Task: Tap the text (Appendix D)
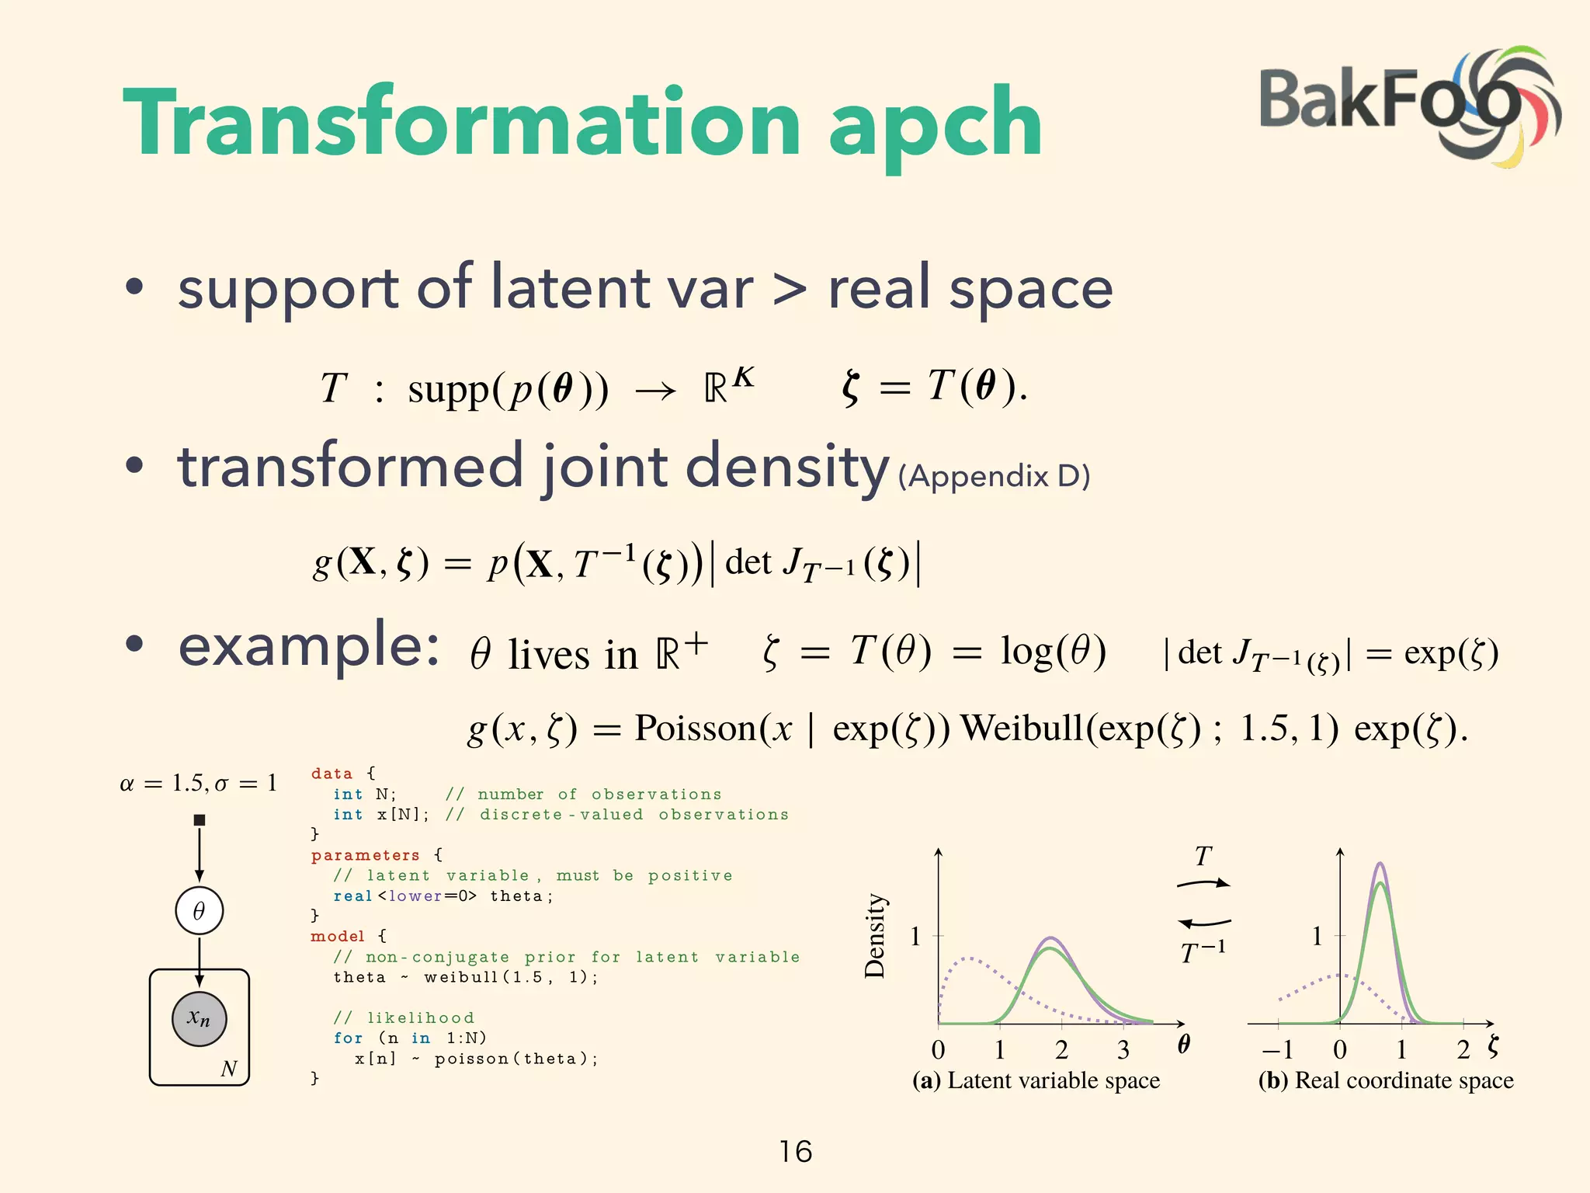point(994,475)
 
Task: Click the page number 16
point(795,1151)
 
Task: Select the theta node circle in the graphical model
point(199,910)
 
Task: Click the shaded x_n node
point(199,1018)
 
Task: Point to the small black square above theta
point(200,819)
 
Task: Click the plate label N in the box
point(228,1069)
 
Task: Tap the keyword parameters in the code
point(365,855)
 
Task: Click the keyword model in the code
point(337,936)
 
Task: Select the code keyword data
point(332,774)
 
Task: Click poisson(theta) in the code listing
point(516,1059)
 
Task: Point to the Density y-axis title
point(875,935)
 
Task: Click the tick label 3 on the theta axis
point(1123,1050)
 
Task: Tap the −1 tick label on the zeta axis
point(1277,1050)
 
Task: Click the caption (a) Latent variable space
point(1036,1080)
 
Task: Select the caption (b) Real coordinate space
point(1386,1080)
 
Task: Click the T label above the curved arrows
point(1203,856)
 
